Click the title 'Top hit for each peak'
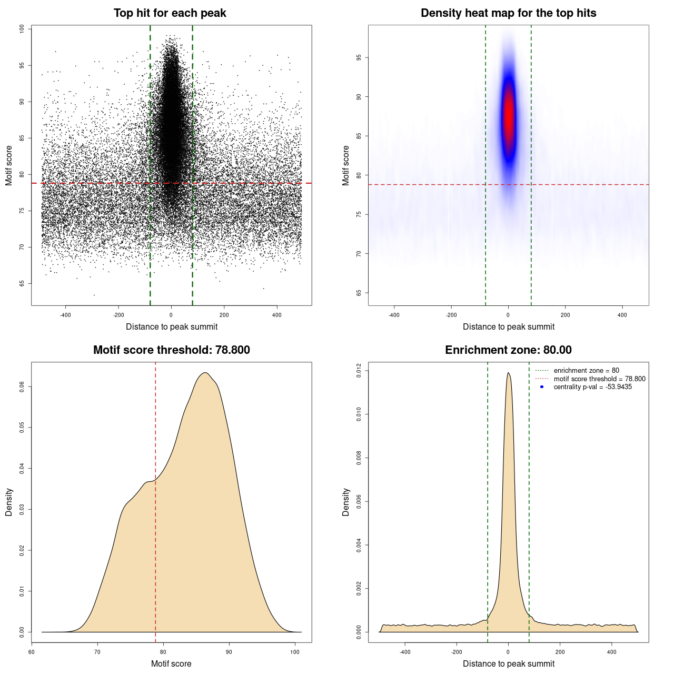pyautogui.click(x=170, y=13)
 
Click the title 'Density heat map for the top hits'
pyautogui.click(x=508, y=13)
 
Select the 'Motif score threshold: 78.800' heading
pyautogui.click(x=171, y=350)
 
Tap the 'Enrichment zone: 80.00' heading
pyautogui.click(x=508, y=350)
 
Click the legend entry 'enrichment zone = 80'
pyautogui.click(x=586, y=371)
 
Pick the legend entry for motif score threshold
pyautogui.click(x=599, y=379)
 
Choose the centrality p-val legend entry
pyautogui.click(x=592, y=387)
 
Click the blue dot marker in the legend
pyautogui.click(x=542, y=387)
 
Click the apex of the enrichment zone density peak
pyautogui.click(x=508, y=373)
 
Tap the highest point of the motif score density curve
pyautogui.click(x=205, y=373)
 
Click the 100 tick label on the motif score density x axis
pyautogui.click(x=295, y=652)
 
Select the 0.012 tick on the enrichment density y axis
pyautogui.click(x=359, y=371)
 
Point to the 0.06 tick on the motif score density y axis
pyautogui.click(x=22, y=387)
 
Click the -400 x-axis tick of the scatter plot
pyautogui.click(x=65, y=315)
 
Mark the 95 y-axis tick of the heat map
pyautogui.click(x=359, y=58)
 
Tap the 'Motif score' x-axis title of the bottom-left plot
pyautogui.click(x=171, y=663)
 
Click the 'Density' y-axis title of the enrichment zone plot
pyautogui.click(x=346, y=502)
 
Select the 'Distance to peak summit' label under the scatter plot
pyautogui.click(x=172, y=326)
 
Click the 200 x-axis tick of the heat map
pyautogui.click(x=565, y=315)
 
